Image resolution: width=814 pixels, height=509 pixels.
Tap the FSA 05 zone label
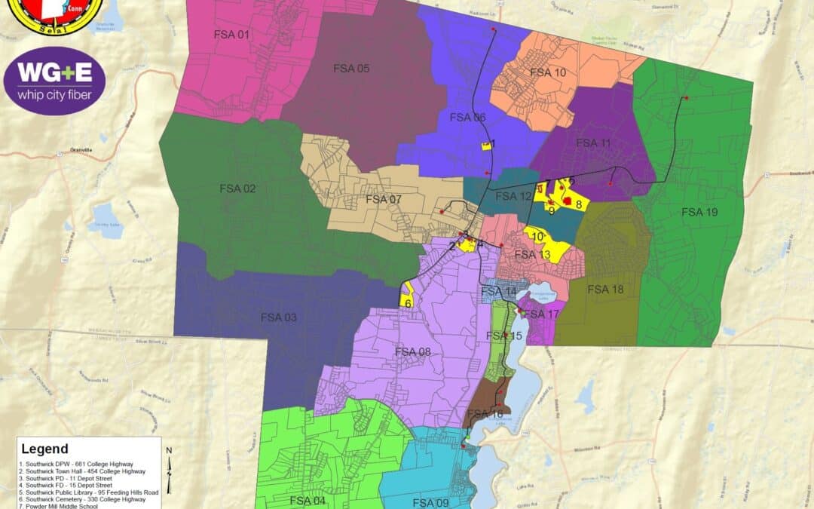pyautogui.click(x=351, y=69)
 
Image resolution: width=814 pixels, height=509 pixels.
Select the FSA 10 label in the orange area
pyautogui.click(x=547, y=72)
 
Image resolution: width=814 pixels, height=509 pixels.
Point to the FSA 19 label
pyautogui.click(x=700, y=212)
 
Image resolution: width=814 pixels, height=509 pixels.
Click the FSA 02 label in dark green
pyautogui.click(x=238, y=189)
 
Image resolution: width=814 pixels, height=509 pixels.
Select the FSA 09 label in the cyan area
pyautogui.click(x=431, y=502)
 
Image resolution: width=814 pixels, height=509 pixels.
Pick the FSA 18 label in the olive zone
pyautogui.click(x=605, y=290)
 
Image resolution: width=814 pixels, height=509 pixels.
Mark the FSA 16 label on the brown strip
pyautogui.click(x=485, y=414)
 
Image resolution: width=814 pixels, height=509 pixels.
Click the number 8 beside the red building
pyautogui.click(x=578, y=204)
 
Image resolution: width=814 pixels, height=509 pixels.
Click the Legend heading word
pyautogui.click(x=44, y=449)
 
